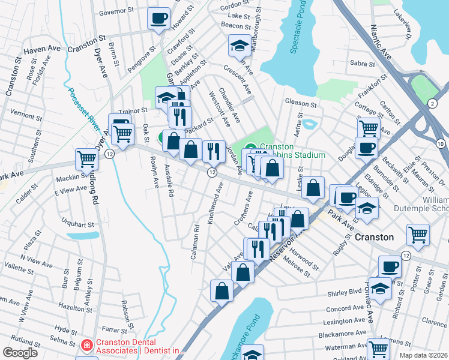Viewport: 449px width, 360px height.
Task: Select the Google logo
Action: (x=20, y=353)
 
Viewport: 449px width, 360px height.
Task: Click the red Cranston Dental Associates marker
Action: (x=86, y=346)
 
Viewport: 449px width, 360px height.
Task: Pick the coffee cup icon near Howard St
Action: (x=158, y=19)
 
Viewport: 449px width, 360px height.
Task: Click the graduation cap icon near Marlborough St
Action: (x=239, y=45)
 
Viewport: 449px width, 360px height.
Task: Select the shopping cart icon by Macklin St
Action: (x=86, y=159)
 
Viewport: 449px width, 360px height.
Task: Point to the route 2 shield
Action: (x=433, y=104)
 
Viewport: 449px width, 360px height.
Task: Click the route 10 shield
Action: (x=441, y=143)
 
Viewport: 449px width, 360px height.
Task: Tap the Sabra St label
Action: (x=362, y=63)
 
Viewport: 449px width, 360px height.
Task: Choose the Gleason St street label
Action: (x=301, y=104)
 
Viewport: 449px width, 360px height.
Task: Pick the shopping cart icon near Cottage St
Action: (x=368, y=128)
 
